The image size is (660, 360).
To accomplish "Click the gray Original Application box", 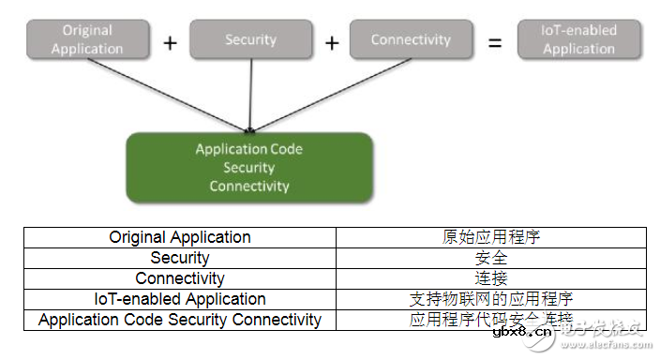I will click(87, 39).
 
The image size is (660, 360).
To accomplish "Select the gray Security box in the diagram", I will click(250, 39).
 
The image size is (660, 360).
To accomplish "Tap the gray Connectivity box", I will click(411, 39).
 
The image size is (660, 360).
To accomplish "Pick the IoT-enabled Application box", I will click(579, 39).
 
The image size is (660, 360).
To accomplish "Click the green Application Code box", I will click(249, 168).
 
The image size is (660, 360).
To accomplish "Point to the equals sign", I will click(495, 42).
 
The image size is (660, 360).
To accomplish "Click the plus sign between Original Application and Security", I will click(170, 42).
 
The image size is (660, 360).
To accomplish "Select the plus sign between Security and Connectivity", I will click(331, 42).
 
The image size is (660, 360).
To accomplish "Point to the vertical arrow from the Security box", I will click(250, 94).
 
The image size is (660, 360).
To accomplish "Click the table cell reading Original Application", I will click(180, 237).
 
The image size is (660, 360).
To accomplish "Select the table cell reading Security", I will click(180, 258).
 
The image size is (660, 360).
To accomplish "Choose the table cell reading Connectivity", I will click(180, 278).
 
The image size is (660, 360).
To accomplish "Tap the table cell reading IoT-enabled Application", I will click(180, 299).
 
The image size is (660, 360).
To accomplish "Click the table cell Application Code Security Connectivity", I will click(180, 320).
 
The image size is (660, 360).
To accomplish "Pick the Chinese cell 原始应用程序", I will click(491, 237).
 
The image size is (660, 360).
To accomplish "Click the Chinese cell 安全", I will click(491, 258).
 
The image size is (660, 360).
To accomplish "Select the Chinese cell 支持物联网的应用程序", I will click(491, 299).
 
